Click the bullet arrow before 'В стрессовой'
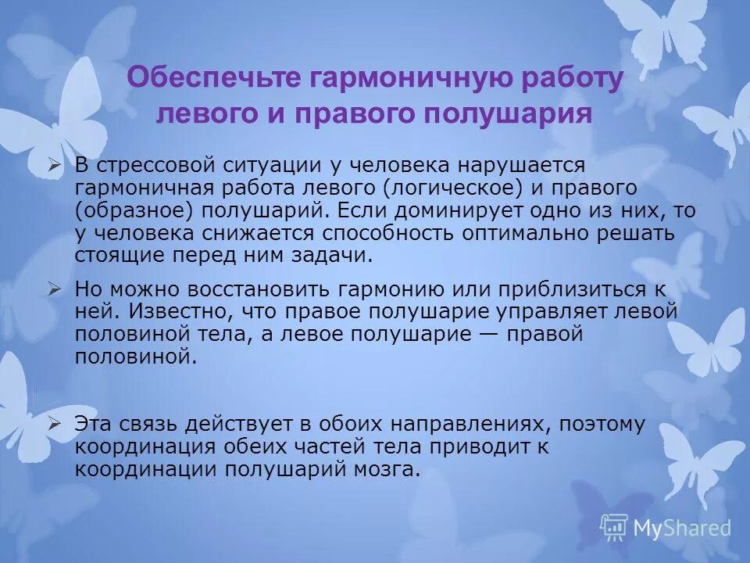pyautogui.click(x=54, y=166)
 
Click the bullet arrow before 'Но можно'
pyautogui.click(x=54, y=289)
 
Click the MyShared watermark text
pyautogui.click(x=682, y=528)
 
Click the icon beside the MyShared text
pyautogui.click(x=614, y=527)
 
